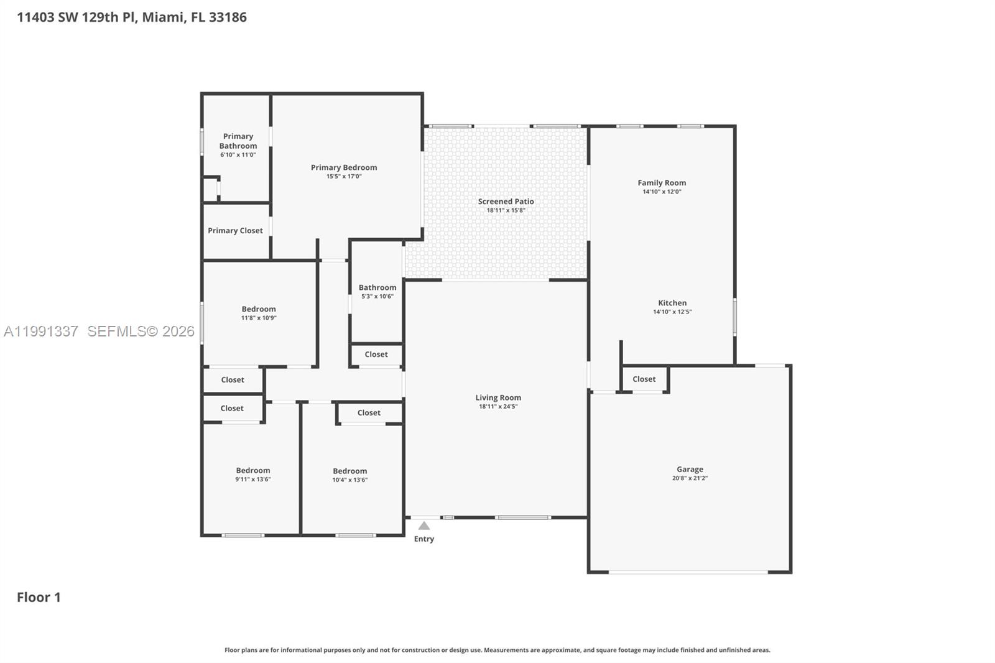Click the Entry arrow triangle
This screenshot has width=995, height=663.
[423, 526]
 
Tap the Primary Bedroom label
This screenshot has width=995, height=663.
[344, 167]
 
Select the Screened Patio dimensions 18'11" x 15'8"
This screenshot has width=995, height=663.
[506, 211]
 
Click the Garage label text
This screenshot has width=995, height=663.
[690, 470]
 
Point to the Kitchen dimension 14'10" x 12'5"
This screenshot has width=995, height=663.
[672, 312]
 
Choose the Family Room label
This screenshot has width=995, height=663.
[662, 183]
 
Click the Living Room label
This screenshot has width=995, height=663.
[498, 398]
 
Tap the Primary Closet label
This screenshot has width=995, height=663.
[235, 231]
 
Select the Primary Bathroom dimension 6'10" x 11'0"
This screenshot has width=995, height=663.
[238, 155]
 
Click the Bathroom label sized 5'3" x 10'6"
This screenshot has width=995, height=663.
[377, 288]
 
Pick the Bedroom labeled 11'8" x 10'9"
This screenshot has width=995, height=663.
[259, 309]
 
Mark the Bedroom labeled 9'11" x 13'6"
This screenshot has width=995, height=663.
[252, 471]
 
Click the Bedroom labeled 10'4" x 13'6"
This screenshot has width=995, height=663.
[349, 471]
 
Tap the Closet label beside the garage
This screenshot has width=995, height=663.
[644, 379]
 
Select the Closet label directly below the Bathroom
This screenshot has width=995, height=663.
[376, 355]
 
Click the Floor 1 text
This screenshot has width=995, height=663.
[39, 598]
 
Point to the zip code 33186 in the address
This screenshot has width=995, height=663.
[228, 17]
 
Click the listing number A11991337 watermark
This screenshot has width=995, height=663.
[41, 331]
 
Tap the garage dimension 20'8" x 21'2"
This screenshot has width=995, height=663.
[690, 479]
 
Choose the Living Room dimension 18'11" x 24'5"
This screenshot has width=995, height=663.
[498, 407]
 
